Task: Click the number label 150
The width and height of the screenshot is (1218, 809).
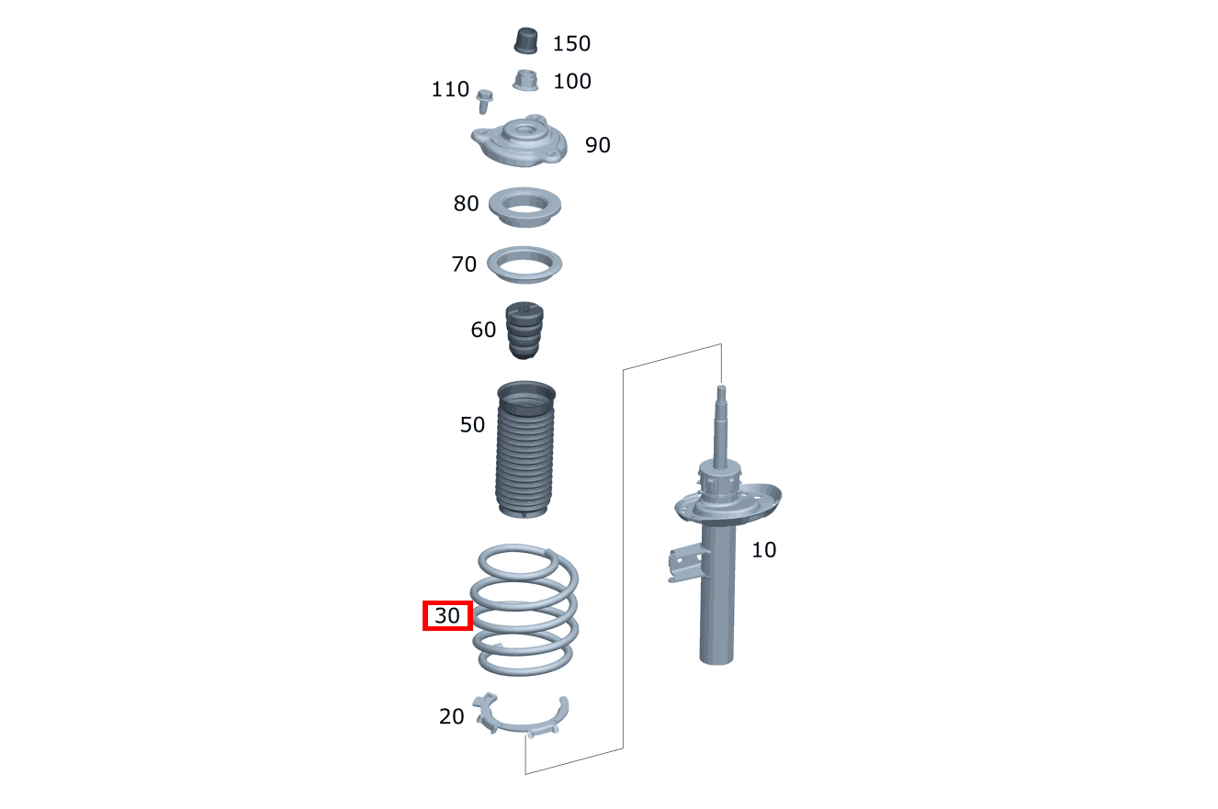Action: [x=571, y=43]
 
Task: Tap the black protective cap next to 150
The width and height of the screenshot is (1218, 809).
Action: [x=526, y=41]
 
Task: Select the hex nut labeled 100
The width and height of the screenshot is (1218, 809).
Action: [x=526, y=81]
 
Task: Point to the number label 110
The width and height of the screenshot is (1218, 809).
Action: [x=450, y=89]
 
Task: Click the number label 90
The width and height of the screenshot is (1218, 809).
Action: [x=597, y=145]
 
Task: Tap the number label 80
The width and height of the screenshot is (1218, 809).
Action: [x=466, y=203]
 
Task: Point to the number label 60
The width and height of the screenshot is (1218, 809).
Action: [x=483, y=330]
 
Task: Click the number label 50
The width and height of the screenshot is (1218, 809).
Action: [x=472, y=425]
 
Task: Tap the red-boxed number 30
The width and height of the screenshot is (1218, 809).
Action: [x=447, y=616]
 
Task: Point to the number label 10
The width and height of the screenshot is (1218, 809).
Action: [x=763, y=550]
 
